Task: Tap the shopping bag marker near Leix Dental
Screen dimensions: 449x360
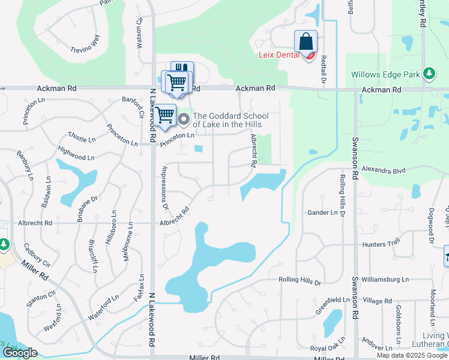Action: coord(306,42)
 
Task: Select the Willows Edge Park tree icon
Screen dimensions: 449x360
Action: coord(429,73)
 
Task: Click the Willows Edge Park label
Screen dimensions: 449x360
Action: coord(385,75)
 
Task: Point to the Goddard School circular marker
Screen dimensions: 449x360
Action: coord(184,117)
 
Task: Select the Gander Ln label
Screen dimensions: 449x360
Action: coord(322,212)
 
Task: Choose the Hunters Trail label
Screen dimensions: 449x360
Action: coord(381,244)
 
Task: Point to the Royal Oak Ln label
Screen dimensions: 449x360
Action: coord(327,348)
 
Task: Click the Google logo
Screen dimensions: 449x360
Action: coord(20,353)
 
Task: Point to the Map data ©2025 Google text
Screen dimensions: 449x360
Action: coord(412,355)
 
